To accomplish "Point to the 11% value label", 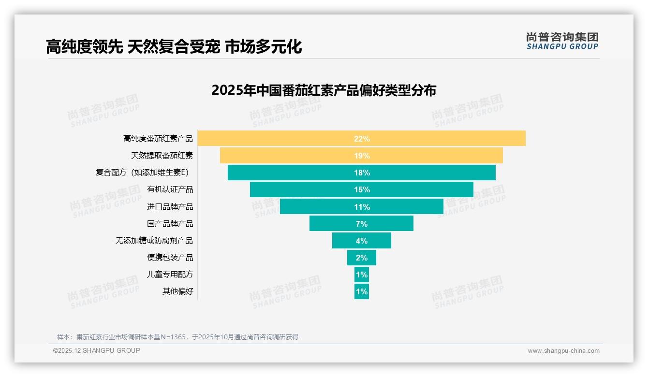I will tap(362, 207).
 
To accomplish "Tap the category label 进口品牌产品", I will tap(170, 207).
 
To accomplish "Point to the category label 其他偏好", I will tap(177, 291).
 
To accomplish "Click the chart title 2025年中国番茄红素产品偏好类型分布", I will tap(324, 90).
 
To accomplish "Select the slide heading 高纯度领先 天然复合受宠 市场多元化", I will tap(174, 47).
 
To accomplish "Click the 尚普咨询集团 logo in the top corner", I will tap(562, 41).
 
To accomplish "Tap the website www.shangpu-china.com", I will tap(563, 351).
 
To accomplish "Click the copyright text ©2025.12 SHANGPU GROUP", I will tap(97, 350).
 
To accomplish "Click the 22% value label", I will tap(362, 139).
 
